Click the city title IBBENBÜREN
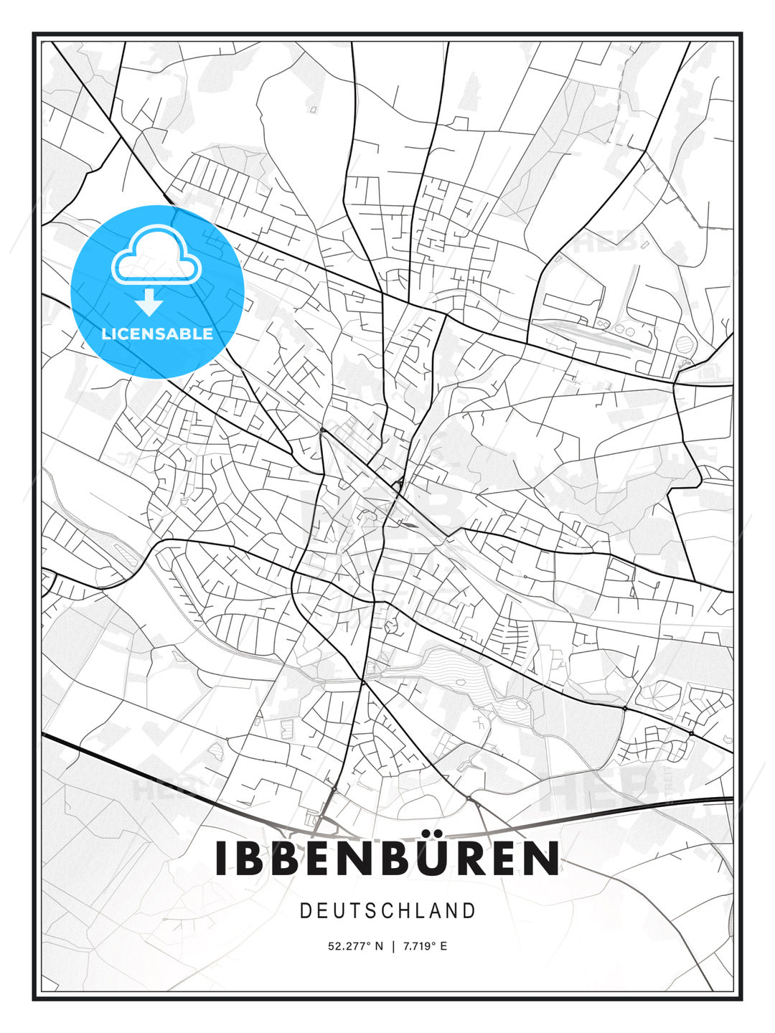click(x=387, y=858)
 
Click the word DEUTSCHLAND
click(x=387, y=911)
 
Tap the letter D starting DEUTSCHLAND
click(x=305, y=911)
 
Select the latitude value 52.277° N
click(x=355, y=946)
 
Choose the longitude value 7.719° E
click(x=424, y=946)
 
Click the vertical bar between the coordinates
click(x=393, y=946)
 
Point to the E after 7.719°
click(x=443, y=946)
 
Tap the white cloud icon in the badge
click(x=155, y=256)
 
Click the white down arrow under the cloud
click(x=150, y=302)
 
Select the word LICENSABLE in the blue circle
click(x=157, y=334)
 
